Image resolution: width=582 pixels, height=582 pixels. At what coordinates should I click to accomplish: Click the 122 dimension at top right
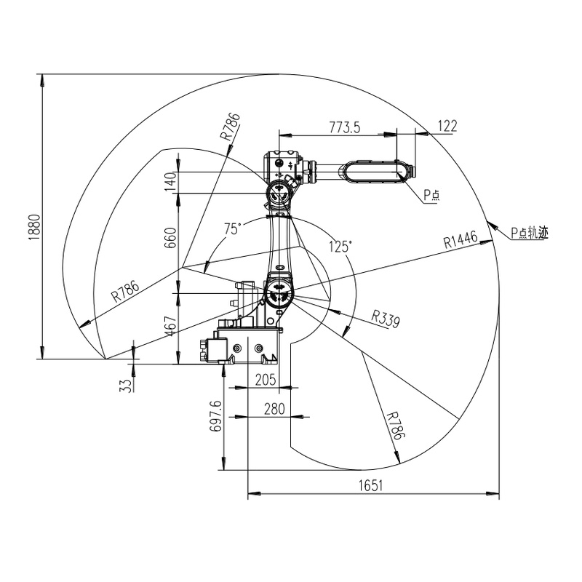pyautogui.click(x=447, y=127)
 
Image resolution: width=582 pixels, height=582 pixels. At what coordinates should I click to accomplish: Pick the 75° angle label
pyautogui.click(x=232, y=228)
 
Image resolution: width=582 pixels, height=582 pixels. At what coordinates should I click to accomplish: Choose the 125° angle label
pyautogui.click(x=340, y=246)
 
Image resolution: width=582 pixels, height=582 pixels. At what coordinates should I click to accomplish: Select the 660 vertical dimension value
pyautogui.click(x=170, y=237)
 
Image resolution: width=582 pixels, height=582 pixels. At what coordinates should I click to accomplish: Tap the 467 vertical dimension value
pyautogui.click(x=170, y=327)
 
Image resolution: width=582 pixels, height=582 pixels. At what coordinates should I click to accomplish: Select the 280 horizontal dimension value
pyautogui.click(x=273, y=409)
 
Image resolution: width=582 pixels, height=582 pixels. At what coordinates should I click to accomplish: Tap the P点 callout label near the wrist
pyautogui.click(x=432, y=195)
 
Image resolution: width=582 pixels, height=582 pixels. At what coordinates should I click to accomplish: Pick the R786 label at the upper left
pyautogui.click(x=230, y=127)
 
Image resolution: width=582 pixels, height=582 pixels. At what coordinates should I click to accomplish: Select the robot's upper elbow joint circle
pyautogui.click(x=279, y=193)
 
